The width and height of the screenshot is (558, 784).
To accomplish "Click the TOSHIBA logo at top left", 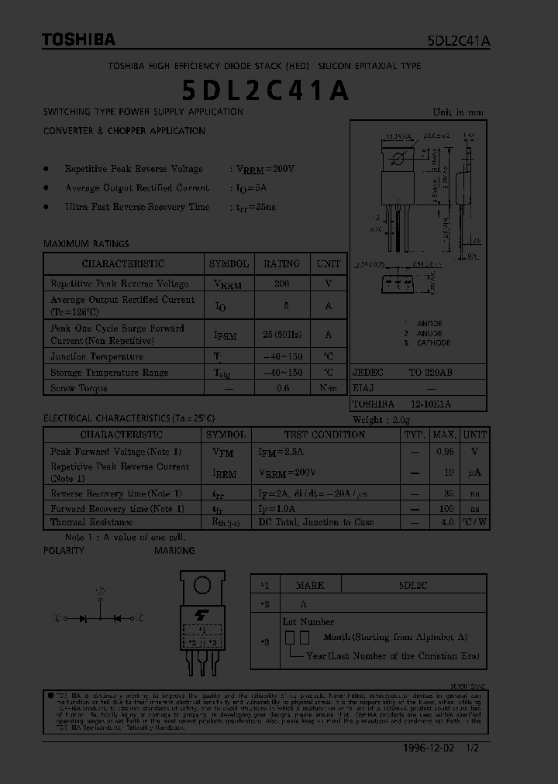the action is click(78, 40).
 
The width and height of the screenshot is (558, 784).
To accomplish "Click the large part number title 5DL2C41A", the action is click(266, 91).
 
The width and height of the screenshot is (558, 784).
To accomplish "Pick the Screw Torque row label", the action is click(79, 388).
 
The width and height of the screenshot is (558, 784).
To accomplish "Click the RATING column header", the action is click(281, 263).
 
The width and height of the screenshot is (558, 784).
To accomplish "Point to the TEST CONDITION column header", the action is click(324, 435).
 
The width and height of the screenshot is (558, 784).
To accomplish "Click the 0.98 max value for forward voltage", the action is click(444, 452).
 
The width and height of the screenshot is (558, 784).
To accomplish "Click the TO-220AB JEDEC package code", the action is click(430, 373).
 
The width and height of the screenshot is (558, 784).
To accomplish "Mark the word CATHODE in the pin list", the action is click(433, 343).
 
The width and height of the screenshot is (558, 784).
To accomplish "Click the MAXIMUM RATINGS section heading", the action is click(86, 243).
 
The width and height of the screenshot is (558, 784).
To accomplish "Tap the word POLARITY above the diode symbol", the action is click(64, 550).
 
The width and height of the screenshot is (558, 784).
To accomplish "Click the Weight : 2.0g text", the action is click(381, 419).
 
